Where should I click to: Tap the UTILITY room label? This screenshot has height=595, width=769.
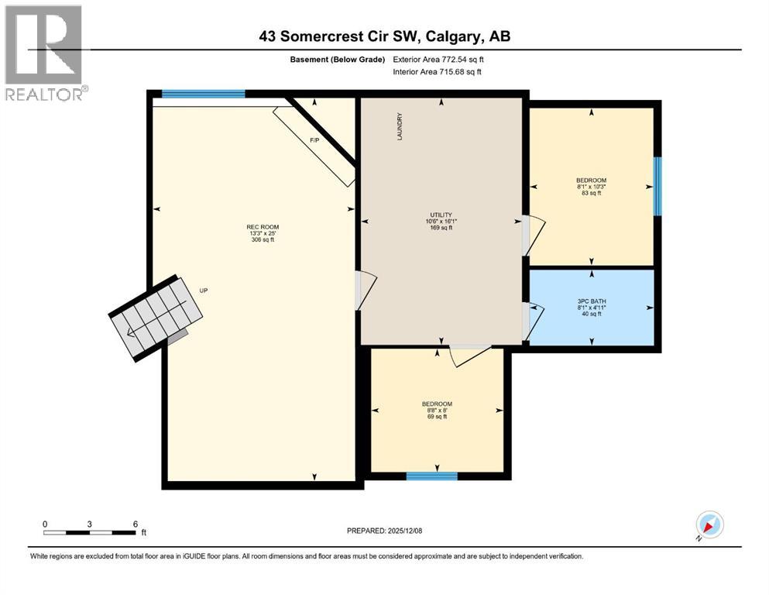441,221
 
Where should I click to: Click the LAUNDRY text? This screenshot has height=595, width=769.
400,127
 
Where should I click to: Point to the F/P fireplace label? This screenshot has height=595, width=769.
314,140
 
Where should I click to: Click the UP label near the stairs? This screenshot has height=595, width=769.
204,291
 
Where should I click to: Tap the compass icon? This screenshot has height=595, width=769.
709,525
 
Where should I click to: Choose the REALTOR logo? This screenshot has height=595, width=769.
44,53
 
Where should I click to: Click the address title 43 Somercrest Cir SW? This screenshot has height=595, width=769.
384,36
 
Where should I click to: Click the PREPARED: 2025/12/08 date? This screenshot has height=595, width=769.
384,531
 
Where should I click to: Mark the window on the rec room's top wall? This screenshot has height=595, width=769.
204,94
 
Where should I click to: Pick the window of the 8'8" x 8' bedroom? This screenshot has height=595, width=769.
431,476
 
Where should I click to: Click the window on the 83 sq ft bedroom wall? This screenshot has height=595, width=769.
657,187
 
